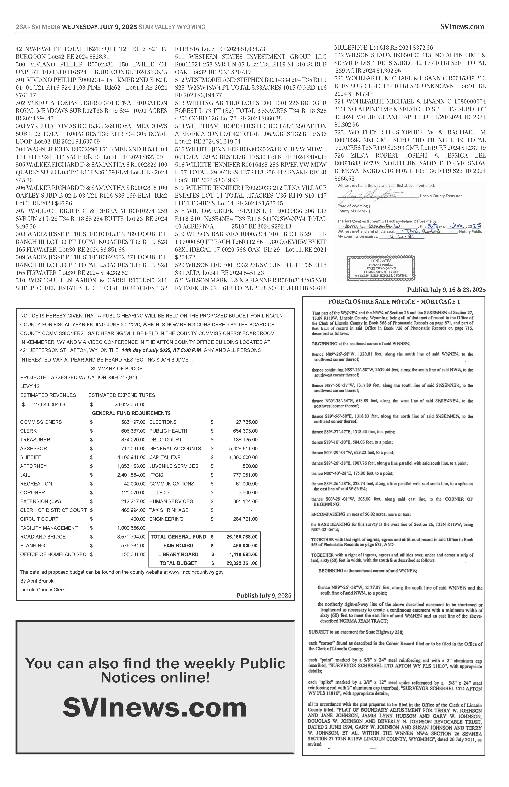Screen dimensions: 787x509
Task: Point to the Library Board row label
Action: (x=178, y=554)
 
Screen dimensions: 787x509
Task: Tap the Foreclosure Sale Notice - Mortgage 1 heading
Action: (x=394, y=302)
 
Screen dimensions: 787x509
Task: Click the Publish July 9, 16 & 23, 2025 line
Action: (x=446, y=290)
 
